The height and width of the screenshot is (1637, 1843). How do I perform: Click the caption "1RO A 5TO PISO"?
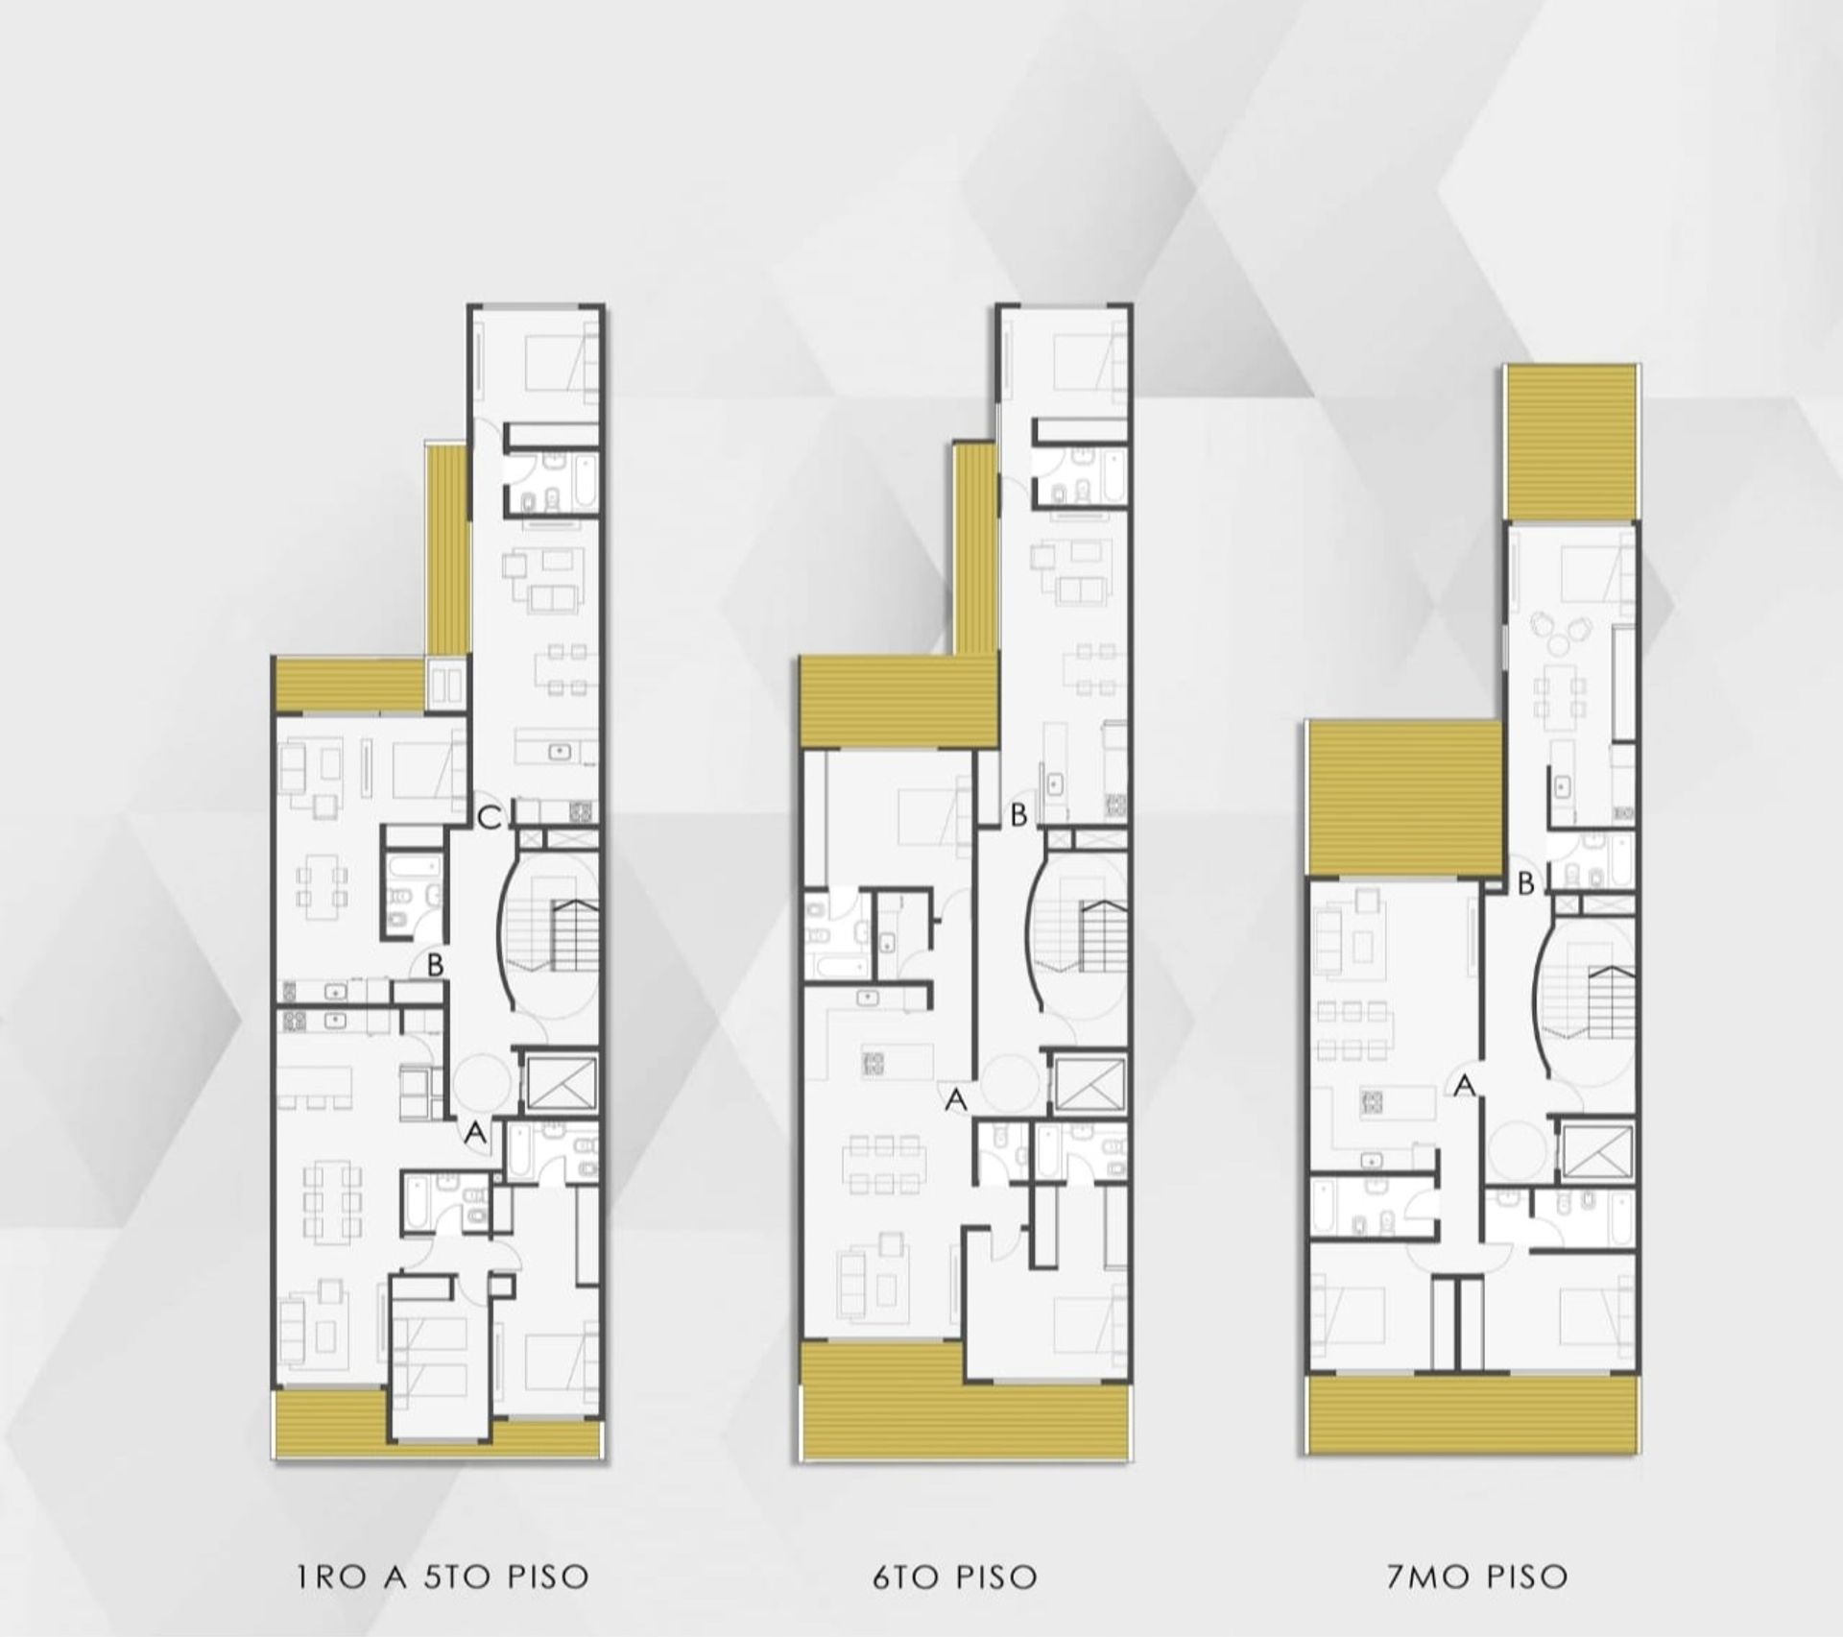[443, 1577]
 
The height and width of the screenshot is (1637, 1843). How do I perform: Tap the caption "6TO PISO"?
[955, 1577]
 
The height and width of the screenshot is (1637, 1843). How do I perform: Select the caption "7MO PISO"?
[1477, 1577]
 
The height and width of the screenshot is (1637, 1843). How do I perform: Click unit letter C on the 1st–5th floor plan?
[490, 819]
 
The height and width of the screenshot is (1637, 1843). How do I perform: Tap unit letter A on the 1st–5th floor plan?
[475, 1134]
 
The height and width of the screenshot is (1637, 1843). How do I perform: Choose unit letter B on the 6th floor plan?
[1018, 815]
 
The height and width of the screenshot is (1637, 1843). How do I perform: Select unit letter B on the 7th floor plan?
[1526, 884]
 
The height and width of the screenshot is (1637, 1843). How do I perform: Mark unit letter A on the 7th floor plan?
[1465, 1086]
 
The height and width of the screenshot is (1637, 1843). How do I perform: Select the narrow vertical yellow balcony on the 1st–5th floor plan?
[445, 550]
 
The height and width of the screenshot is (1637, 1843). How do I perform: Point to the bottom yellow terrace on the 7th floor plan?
[1472, 1413]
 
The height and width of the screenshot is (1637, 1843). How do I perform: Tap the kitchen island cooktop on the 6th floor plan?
[874, 1063]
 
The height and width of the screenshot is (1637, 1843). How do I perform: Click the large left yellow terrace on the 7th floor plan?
[1403, 799]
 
